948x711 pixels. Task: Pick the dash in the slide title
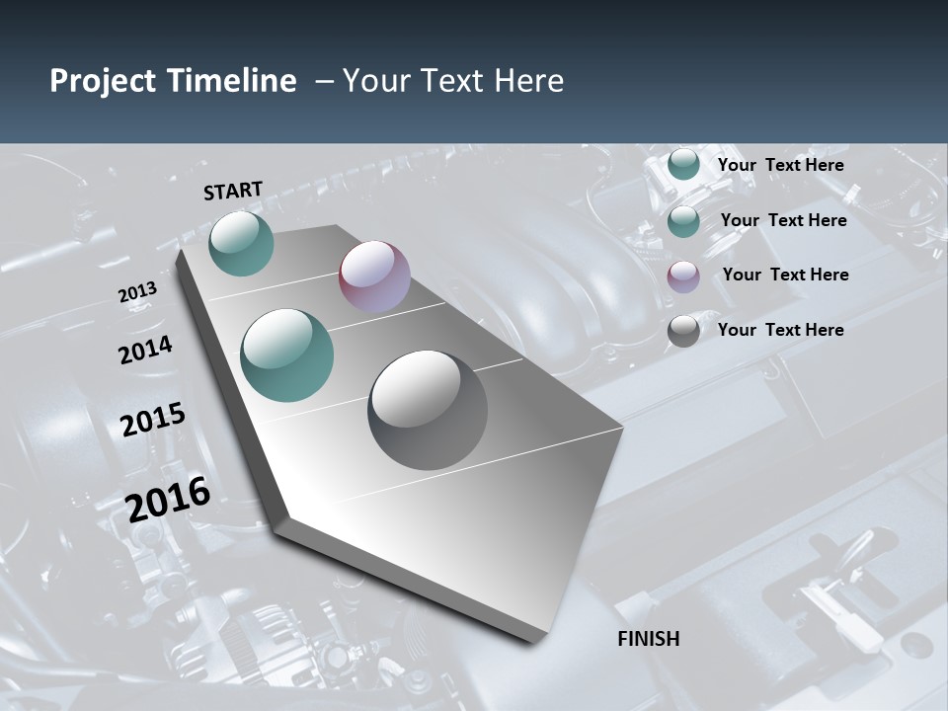(x=323, y=81)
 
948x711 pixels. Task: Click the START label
(x=233, y=191)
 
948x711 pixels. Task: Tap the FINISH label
(x=649, y=639)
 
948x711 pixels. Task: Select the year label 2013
(x=137, y=293)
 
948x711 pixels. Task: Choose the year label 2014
(x=145, y=350)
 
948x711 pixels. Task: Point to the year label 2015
(x=153, y=420)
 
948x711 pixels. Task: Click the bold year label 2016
(x=168, y=499)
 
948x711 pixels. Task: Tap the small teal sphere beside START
(x=241, y=243)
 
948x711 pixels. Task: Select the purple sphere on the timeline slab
(x=374, y=276)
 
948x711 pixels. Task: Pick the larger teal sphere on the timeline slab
(x=287, y=355)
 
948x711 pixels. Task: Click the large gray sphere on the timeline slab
(x=428, y=410)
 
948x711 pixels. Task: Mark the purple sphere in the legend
(x=683, y=277)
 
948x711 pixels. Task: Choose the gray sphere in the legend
(x=683, y=332)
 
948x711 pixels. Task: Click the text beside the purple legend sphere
(x=785, y=275)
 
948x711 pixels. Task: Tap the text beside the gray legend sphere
(x=780, y=330)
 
